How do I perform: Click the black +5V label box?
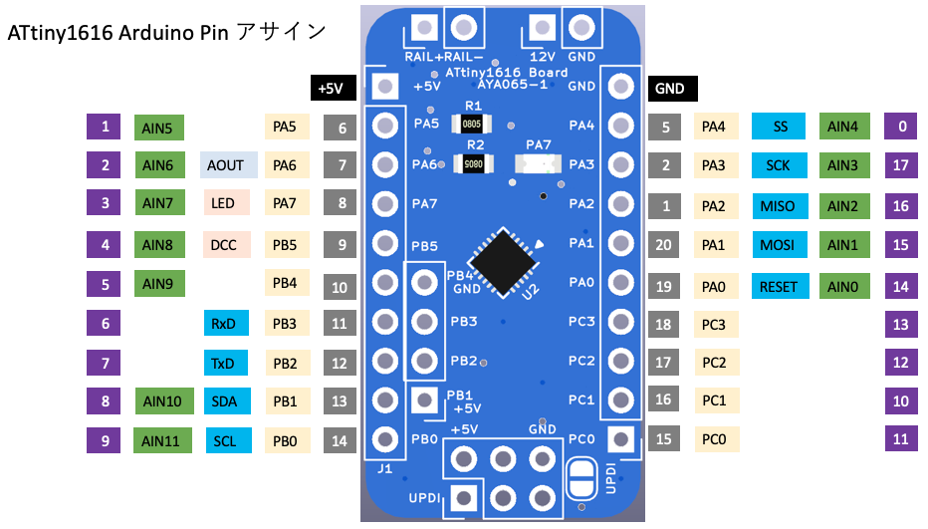coord(331,88)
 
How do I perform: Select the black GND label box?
coord(670,88)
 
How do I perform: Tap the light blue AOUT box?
coord(228,165)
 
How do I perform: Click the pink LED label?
coord(223,204)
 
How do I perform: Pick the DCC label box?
coord(223,244)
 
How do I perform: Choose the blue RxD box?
coord(223,323)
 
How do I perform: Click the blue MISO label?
coord(778,206)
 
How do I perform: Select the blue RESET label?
coord(778,286)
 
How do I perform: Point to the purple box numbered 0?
coord(901,127)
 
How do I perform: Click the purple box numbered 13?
coord(901,324)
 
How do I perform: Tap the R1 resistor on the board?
coord(472,123)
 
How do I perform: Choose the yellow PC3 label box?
coord(713,324)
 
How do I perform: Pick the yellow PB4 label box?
coord(285,284)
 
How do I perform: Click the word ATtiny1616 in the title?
coord(61,32)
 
